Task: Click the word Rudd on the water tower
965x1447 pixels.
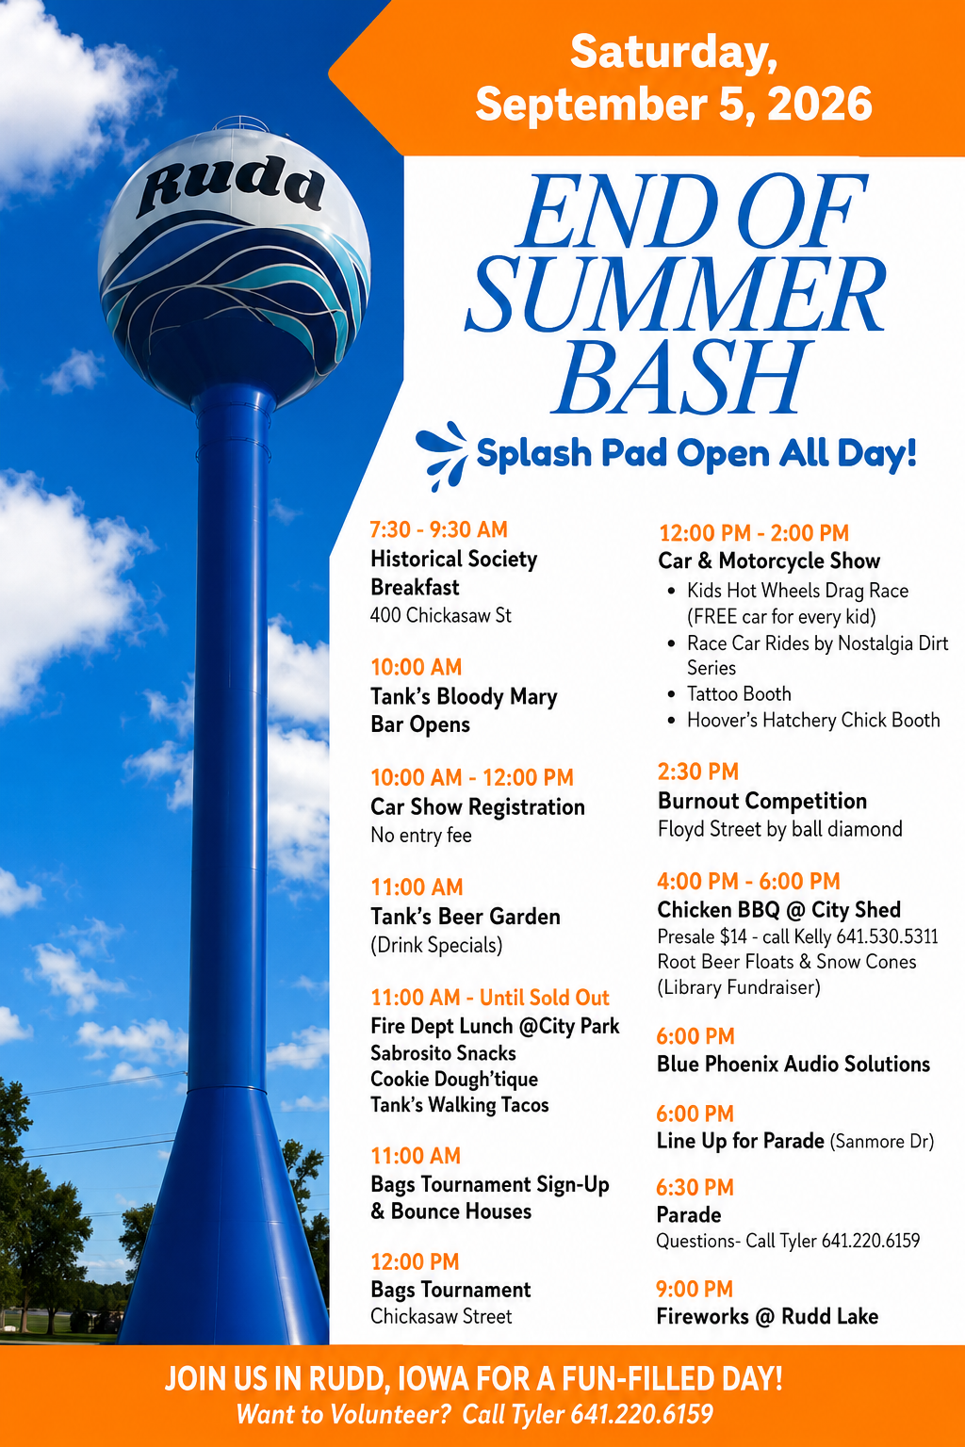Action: point(231,186)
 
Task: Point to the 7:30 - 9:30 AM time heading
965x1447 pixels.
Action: point(439,529)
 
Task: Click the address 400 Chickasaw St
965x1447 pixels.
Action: point(441,615)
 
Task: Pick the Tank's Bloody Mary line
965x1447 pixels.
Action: point(464,696)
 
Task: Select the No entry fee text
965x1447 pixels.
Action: point(420,835)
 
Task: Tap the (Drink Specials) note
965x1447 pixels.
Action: point(436,945)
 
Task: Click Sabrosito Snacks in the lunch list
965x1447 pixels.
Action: point(444,1053)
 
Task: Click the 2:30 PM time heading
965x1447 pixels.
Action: point(698,772)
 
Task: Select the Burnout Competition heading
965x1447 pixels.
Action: point(762,801)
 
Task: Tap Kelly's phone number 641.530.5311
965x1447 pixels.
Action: point(887,936)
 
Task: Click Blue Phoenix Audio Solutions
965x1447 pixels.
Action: point(793,1064)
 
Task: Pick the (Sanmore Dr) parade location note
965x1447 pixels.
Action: point(882,1141)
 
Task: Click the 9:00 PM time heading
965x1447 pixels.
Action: point(695,1289)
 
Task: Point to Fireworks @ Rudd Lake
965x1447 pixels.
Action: point(767,1316)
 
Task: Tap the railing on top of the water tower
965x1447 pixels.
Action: point(240,122)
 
